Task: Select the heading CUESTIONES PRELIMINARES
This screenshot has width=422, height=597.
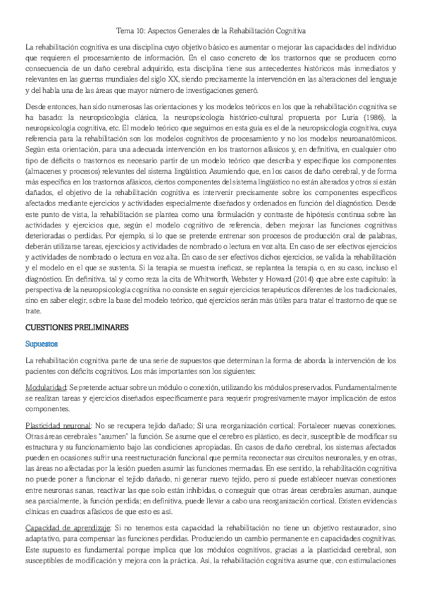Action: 77,328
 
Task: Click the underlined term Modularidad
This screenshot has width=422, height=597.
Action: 46,388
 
